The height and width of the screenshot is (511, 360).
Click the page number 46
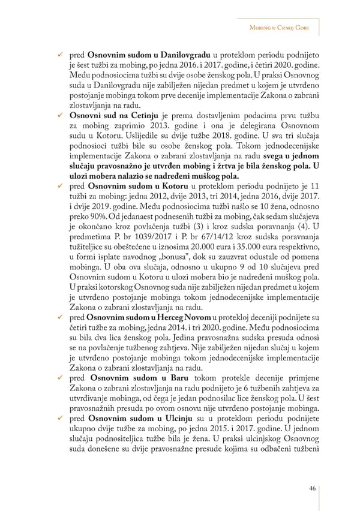pos(313,488)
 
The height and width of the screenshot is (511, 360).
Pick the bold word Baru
pos(173,379)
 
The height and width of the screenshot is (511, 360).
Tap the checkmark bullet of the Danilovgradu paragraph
pos(61,55)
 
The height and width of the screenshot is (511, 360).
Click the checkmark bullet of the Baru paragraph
pos(61,379)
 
